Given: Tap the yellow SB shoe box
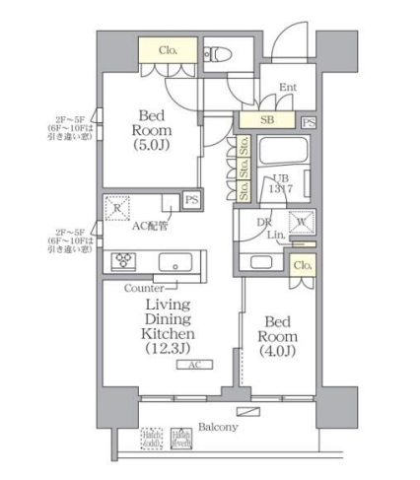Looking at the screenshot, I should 266,120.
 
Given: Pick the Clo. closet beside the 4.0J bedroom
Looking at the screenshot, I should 303,264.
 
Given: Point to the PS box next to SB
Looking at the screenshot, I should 309,121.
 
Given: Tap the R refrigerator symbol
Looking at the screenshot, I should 118,207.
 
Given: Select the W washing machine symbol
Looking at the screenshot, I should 300,223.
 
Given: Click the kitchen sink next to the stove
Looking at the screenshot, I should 175,263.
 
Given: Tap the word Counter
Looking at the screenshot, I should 144,288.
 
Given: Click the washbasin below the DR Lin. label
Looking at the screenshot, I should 261,263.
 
